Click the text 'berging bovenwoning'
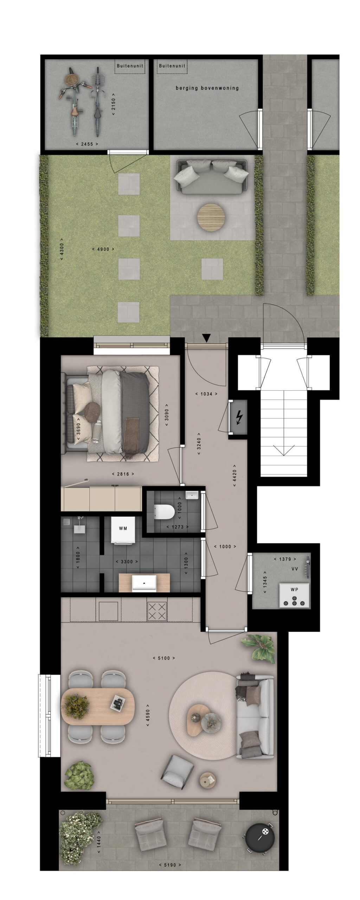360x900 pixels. point(207,88)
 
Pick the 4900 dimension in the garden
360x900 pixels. point(103,249)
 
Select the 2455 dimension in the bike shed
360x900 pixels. point(87,144)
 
